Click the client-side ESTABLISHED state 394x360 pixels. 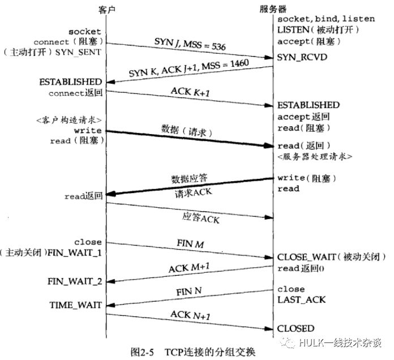tap(71, 82)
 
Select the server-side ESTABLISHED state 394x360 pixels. tap(308, 105)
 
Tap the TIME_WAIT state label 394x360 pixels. tap(75, 305)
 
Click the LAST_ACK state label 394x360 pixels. tap(301, 299)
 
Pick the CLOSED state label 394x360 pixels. tap(295, 328)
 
